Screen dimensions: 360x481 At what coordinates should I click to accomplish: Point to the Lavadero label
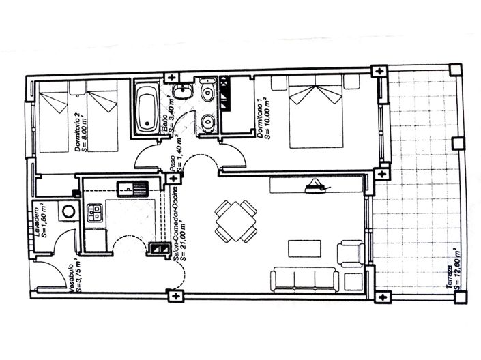coord(37,219)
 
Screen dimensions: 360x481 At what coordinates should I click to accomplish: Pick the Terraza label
coord(450,275)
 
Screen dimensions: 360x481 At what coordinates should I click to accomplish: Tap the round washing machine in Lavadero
coord(68,211)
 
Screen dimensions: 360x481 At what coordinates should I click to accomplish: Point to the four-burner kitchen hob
coord(93,213)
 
